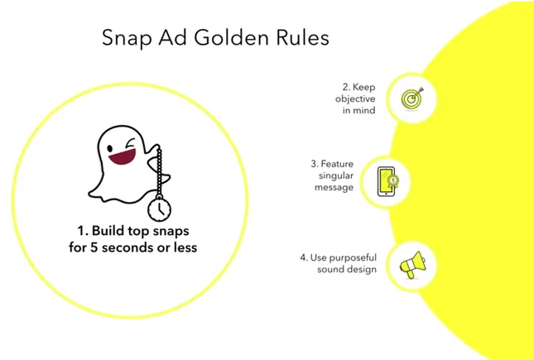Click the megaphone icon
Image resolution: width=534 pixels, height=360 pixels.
411,265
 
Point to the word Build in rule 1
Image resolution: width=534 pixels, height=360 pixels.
107,228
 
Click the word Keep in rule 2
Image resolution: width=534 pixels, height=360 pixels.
363,85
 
